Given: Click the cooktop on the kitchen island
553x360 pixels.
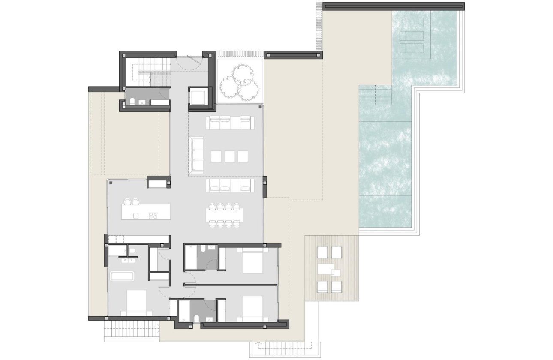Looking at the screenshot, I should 153,216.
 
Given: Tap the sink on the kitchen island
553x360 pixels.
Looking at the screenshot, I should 135,215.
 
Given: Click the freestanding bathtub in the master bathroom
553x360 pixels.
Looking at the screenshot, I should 122,276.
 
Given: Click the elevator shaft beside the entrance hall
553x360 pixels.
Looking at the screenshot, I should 199,97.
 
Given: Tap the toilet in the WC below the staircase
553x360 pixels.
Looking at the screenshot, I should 132,101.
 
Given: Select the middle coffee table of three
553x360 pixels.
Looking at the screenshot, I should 230,156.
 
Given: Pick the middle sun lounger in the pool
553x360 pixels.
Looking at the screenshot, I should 412,36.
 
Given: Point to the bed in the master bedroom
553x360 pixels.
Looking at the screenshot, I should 136,303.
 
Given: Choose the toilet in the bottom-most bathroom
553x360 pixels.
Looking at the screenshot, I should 196,318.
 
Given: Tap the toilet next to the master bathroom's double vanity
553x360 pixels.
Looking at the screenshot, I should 132,250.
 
